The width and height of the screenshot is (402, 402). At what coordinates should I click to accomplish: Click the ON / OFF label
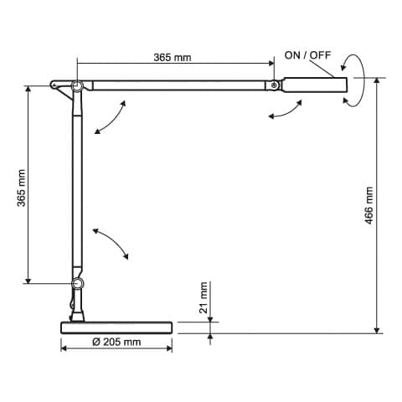[x=308, y=54]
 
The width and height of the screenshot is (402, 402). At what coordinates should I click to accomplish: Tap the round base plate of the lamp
[x=116, y=326]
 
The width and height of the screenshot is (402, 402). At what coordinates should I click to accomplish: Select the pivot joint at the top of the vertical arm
[x=77, y=85]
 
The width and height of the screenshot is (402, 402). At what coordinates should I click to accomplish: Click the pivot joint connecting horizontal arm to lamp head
[x=273, y=85]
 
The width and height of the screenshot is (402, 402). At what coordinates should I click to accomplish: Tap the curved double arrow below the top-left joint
[x=111, y=116]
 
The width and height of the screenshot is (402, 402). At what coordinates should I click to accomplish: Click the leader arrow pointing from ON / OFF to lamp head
[x=327, y=69]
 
